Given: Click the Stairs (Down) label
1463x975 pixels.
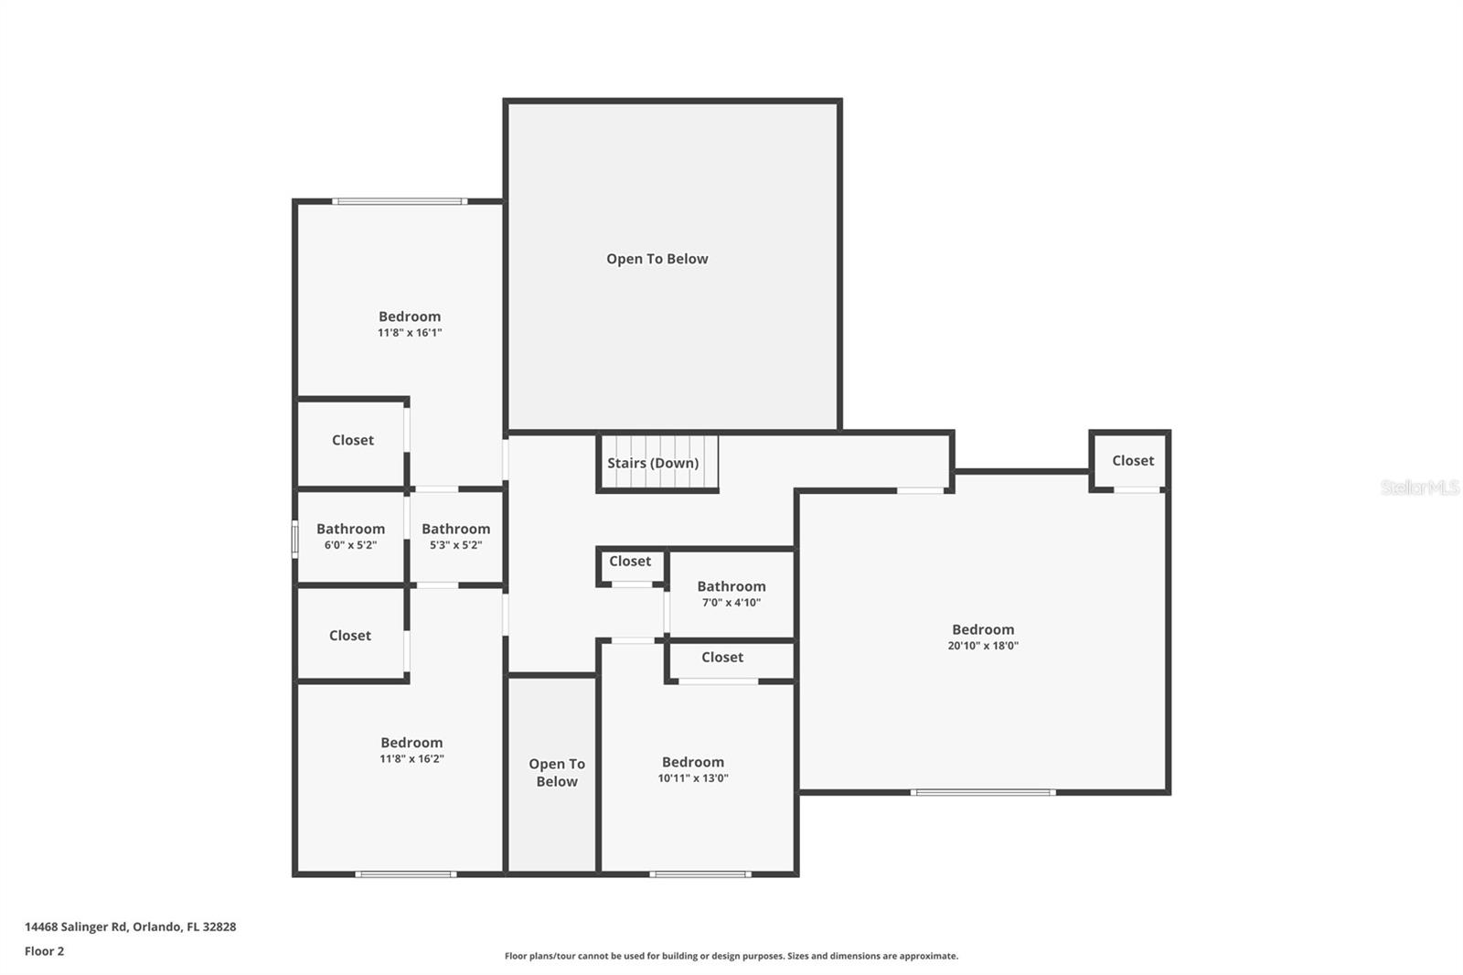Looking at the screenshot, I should (653, 463).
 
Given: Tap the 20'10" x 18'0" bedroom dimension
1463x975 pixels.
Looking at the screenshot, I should (983, 646).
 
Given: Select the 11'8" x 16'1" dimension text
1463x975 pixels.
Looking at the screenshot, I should (410, 333).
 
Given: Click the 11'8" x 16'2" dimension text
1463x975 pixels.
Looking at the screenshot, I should (411, 759).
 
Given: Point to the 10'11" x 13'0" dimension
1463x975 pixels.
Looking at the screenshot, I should (693, 779).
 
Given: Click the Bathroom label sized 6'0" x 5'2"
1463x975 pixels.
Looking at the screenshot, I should (350, 529).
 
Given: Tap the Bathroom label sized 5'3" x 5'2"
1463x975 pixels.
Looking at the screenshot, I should (455, 529).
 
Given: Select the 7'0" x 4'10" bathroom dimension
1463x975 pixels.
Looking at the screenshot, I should (731, 603).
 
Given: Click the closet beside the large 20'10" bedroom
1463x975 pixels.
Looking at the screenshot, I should (1132, 461).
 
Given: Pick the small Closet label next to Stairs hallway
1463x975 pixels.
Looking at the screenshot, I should (630, 562).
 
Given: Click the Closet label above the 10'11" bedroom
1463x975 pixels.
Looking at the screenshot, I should (721, 658).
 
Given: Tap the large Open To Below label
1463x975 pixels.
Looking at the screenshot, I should (657, 259).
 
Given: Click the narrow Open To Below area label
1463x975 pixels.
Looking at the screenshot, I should (556, 773).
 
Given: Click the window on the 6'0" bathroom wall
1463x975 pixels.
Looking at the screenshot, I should (294, 539).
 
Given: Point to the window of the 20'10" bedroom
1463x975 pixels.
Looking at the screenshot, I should (983, 792).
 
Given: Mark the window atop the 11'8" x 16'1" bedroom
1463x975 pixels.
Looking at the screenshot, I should (400, 201).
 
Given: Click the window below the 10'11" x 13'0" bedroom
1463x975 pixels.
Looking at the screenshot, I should (700, 874).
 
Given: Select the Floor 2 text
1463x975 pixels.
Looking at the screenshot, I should (44, 951).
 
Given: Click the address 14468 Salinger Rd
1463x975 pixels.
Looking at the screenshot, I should (130, 927).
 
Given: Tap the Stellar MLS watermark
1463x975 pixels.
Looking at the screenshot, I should (1419, 487).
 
